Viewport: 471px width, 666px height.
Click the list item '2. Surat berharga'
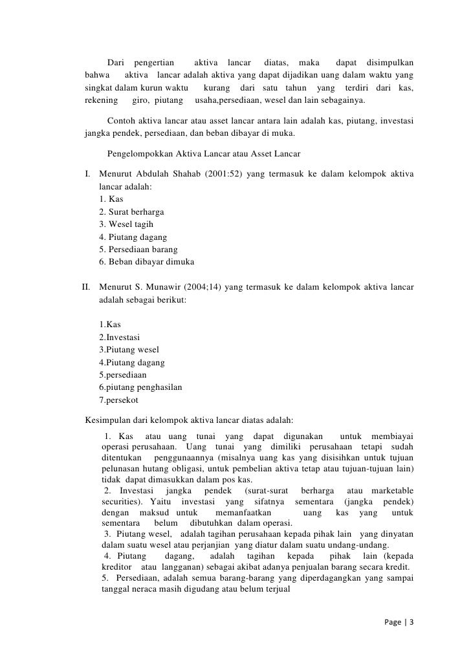[x=131, y=211]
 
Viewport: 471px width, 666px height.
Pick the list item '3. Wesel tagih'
[x=126, y=224]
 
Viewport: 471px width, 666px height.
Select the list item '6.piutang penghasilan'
[x=140, y=387]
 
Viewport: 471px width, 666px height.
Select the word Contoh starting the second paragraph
[x=120, y=122]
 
